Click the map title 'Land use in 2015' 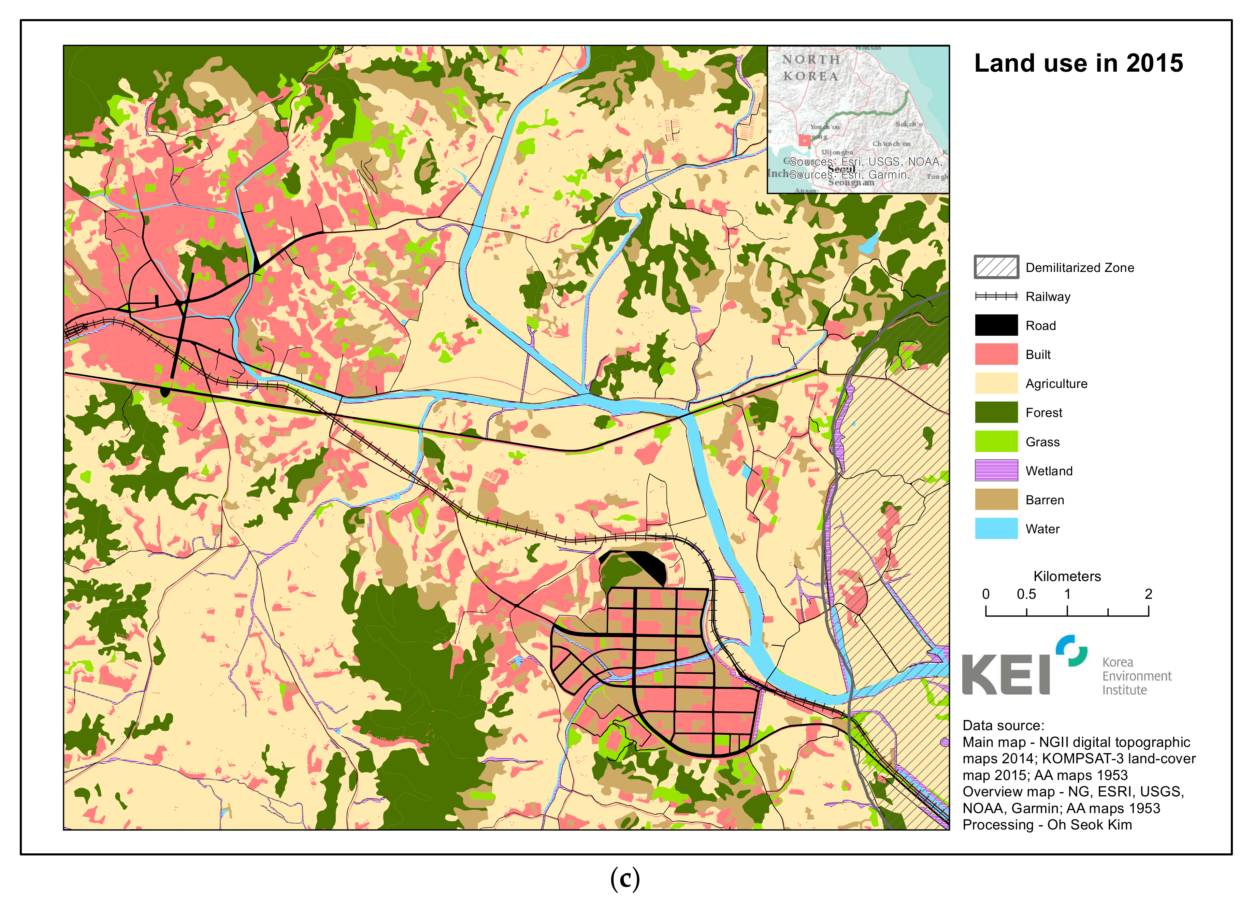1078,63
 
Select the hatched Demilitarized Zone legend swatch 996,267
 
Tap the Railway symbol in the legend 996,296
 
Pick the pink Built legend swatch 996,354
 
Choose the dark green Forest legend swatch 996,412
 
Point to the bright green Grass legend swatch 996,442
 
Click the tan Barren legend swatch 996,500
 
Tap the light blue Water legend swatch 996,529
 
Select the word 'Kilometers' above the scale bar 1067,576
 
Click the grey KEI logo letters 1006,674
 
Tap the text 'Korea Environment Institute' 1136,676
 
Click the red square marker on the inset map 804,140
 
